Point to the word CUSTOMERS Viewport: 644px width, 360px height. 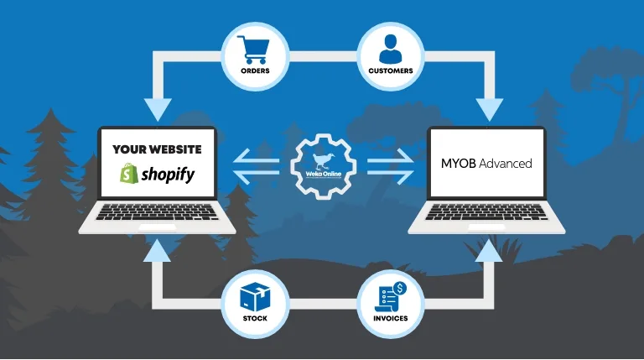click(391, 70)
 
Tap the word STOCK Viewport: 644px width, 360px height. click(254, 320)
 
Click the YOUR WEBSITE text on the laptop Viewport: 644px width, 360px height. click(157, 149)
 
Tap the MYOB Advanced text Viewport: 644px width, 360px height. click(486, 164)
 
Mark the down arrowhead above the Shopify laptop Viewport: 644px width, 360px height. click(158, 108)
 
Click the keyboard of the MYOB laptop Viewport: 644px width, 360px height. click(486, 211)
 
